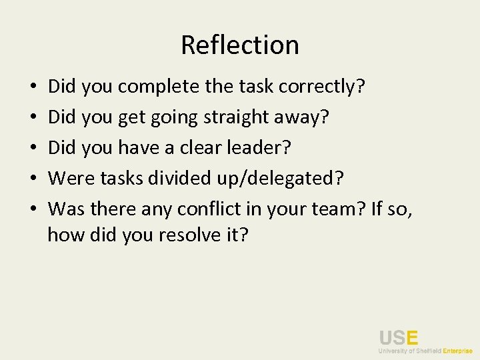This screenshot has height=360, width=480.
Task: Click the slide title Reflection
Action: (x=240, y=45)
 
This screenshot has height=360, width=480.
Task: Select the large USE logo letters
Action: (x=399, y=337)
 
